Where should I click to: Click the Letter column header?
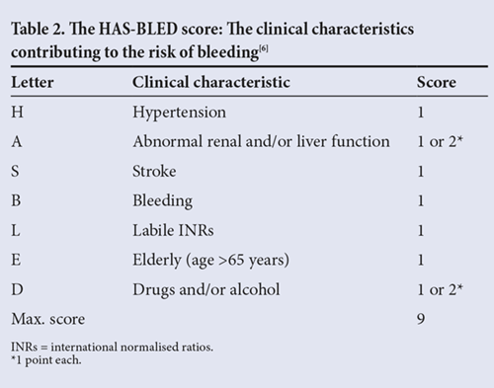(x=33, y=82)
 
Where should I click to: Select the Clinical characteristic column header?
(x=211, y=82)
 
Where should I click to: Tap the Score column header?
(x=437, y=82)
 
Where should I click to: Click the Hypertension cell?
(x=179, y=113)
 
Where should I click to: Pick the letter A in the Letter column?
(x=17, y=142)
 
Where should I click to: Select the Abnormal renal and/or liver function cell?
(x=261, y=141)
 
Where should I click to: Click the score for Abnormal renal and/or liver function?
(x=440, y=141)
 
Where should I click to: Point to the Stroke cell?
(x=154, y=171)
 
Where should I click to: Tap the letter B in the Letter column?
(x=16, y=200)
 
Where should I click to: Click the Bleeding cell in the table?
(x=162, y=201)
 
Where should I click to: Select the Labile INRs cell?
(x=173, y=230)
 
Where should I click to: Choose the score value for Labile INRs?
(x=421, y=230)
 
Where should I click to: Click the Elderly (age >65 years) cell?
(x=210, y=261)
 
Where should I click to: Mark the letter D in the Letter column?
(x=17, y=289)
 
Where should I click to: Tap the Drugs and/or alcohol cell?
(x=206, y=289)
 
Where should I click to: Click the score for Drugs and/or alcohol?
(x=440, y=289)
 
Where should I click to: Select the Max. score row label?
(x=48, y=319)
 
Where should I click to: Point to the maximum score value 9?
(x=421, y=319)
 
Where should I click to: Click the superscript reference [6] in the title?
(x=264, y=49)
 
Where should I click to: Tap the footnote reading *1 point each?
(x=46, y=360)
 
